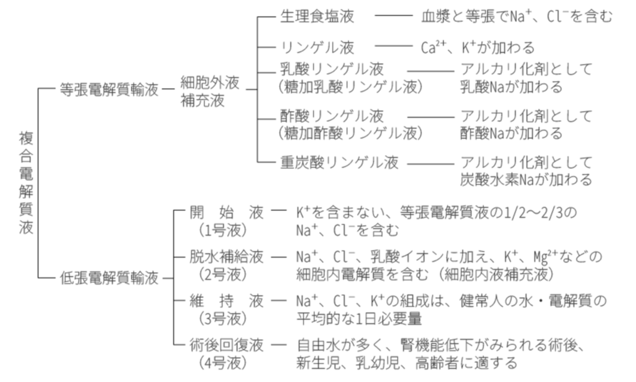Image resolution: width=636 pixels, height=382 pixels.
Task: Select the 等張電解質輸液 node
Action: coord(109,90)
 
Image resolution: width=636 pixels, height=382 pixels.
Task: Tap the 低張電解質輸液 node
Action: coord(109,278)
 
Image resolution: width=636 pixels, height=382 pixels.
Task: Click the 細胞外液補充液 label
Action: coord(210,91)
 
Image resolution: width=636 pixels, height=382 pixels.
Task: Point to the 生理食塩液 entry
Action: coord(317,17)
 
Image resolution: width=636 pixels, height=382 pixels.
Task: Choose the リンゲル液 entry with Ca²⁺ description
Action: coord(317,47)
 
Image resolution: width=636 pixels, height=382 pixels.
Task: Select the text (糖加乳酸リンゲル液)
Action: coord(348,86)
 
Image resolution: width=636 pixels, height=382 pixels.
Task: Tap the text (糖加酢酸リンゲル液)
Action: coord(348,132)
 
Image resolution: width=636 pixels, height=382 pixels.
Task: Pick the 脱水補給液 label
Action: coord(227,256)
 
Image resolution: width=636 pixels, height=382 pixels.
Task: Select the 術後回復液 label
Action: coord(227,345)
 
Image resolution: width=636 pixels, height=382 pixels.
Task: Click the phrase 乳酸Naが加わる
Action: coord(511,87)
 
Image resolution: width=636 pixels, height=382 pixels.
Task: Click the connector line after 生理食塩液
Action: coord(393,17)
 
